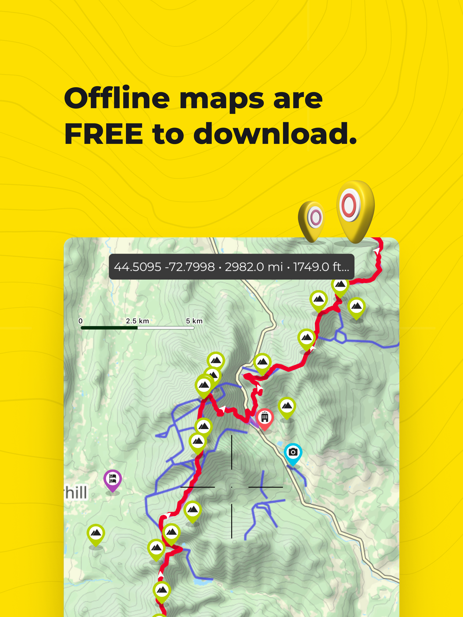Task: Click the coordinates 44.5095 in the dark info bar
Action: click(x=137, y=267)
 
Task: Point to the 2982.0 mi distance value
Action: click(x=254, y=267)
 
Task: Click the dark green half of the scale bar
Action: click(x=109, y=328)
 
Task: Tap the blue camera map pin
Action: click(x=293, y=452)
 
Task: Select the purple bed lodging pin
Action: click(x=113, y=479)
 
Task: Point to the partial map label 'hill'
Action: click(x=76, y=493)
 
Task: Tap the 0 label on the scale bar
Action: click(x=80, y=321)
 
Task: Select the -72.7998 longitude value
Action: click(x=190, y=267)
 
